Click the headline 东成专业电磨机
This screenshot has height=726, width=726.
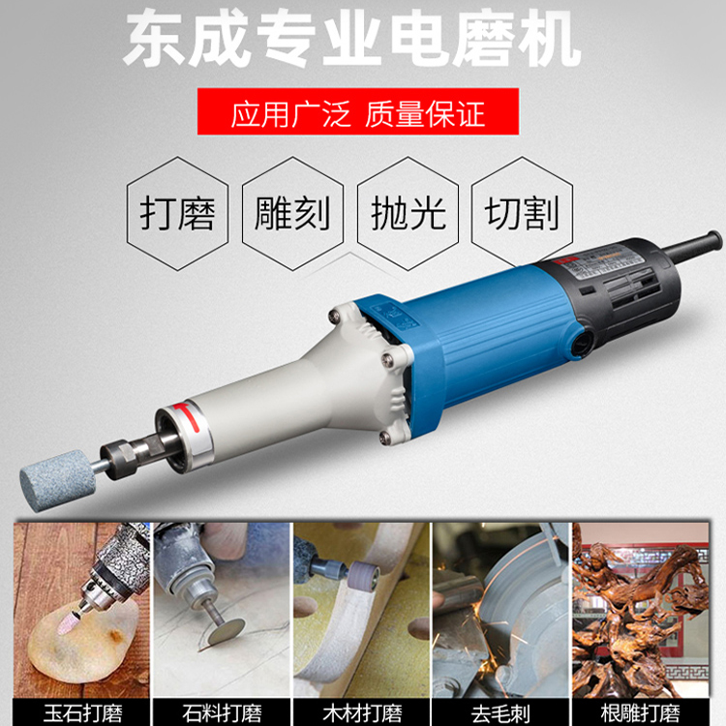click(x=352, y=39)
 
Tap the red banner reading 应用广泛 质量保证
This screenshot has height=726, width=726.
click(x=358, y=111)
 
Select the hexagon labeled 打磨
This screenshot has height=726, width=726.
click(x=178, y=214)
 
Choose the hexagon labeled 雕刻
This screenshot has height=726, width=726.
click(x=292, y=214)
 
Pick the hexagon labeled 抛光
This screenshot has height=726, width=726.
click(x=408, y=214)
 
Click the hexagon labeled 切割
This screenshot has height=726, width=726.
click(x=522, y=214)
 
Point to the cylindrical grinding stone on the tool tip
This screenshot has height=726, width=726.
click(x=57, y=480)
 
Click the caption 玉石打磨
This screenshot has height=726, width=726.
click(x=82, y=713)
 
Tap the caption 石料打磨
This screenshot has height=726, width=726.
click(x=222, y=713)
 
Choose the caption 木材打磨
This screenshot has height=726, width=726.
click(x=362, y=713)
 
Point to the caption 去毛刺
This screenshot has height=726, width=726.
click(x=501, y=713)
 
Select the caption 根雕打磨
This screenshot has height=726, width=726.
click(x=641, y=713)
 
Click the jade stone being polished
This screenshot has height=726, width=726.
click(x=82, y=637)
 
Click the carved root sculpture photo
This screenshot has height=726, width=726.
click(x=641, y=610)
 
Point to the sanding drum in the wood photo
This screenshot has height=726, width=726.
click(x=365, y=577)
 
